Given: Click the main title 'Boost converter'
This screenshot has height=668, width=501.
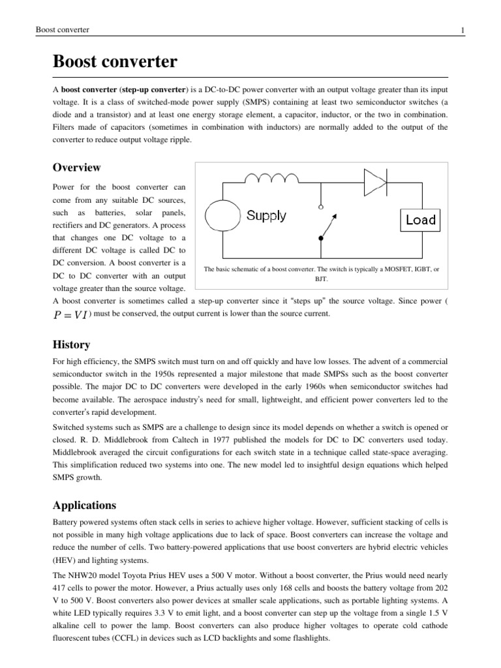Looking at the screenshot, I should (x=114, y=63).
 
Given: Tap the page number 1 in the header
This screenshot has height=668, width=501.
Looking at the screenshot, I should (x=462, y=31).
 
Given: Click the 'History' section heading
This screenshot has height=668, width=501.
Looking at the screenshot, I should (x=71, y=344).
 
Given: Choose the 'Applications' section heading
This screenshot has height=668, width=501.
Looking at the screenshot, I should (x=84, y=505).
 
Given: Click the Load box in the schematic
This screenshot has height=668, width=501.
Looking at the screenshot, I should (x=420, y=220).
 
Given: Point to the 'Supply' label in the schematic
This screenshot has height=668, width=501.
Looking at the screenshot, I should (x=266, y=216).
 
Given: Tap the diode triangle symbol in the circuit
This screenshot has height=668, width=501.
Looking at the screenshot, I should (x=375, y=182).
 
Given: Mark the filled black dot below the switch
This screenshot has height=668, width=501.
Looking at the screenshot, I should (x=320, y=239).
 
